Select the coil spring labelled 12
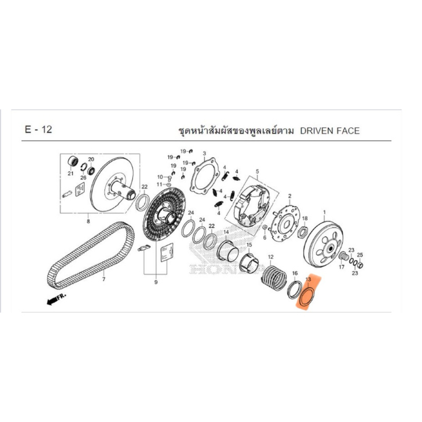(x=274, y=278)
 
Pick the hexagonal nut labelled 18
(x=304, y=232)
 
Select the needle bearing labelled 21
(x=73, y=161)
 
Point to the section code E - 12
(x=38, y=129)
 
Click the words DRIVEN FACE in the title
(x=330, y=131)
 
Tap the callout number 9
(x=156, y=282)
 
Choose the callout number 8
(x=88, y=222)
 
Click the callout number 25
(x=360, y=255)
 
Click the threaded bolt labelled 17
(x=344, y=256)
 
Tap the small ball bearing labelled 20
(x=91, y=170)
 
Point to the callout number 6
(x=265, y=237)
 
